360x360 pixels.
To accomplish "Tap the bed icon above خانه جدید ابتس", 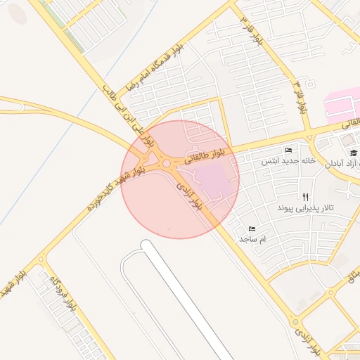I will tap(288, 150).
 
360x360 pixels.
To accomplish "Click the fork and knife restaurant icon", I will tap(304, 198).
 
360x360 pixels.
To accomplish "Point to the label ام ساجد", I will tap(254, 240).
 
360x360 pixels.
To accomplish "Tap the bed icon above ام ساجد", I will tap(252, 229).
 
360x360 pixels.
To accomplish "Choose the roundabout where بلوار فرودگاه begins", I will tap(40, 259).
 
